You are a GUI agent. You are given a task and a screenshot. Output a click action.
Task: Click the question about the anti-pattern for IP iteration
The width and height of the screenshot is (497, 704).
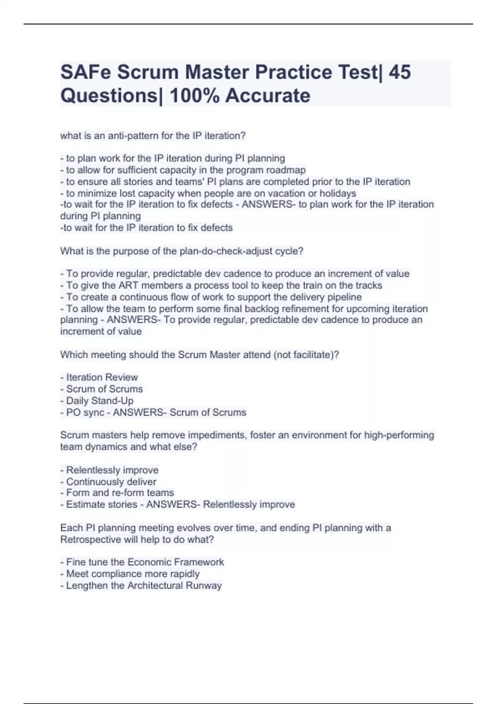(x=153, y=136)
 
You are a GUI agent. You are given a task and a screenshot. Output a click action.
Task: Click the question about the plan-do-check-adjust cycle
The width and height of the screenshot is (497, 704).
(x=182, y=251)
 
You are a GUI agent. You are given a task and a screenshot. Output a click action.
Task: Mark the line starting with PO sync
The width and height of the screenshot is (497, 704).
(x=153, y=412)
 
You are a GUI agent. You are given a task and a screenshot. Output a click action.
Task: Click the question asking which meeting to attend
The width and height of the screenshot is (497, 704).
(x=200, y=355)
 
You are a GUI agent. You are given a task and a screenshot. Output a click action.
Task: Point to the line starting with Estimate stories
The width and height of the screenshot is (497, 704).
(x=177, y=504)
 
